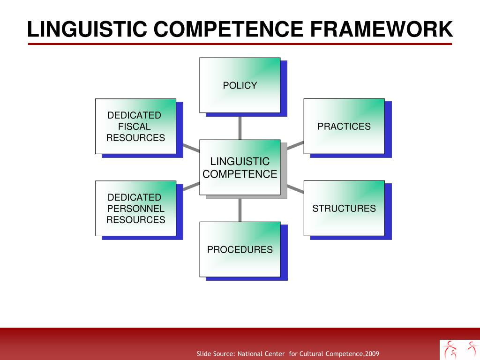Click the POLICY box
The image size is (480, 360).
(x=240, y=85)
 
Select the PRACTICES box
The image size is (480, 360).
(x=344, y=126)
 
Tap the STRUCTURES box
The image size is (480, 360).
(x=344, y=208)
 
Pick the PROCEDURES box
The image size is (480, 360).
(x=240, y=249)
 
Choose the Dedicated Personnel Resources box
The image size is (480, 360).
(x=135, y=208)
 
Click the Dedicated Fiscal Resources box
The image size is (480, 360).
(x=135, y=126)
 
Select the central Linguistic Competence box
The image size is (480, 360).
(x=240, y=167)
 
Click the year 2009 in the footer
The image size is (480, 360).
(x=372, y=353)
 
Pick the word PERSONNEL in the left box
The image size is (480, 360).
(x=136, y=209)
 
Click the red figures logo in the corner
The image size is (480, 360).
(x=459, y=349)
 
